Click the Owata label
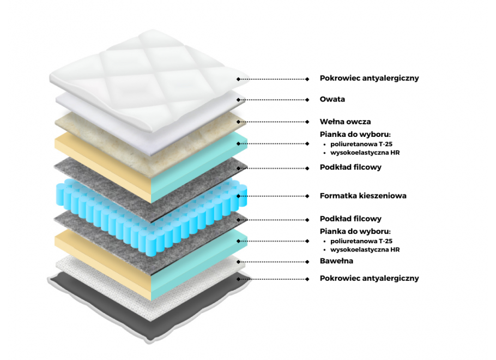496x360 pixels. click(x=332, y=100)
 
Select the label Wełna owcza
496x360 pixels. click(x=345, y=122)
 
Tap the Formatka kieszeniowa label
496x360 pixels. click(x=362, y=196)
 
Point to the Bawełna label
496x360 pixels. click(x=336, y=261)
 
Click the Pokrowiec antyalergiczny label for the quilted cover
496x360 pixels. click(x=369, y=78)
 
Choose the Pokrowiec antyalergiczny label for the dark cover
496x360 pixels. click(x=369, y=278)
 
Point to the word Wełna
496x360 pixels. click(x=331, y=122)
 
